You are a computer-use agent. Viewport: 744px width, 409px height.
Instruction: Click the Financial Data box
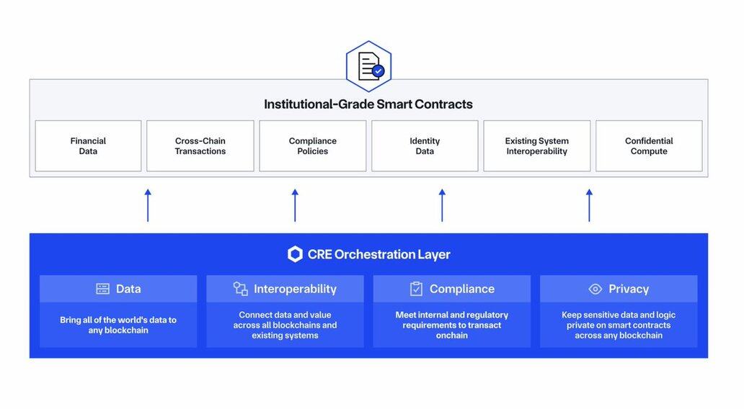pyautogui.click(x=88, y=146)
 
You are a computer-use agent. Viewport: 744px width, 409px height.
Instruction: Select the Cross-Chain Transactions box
pyautogui.click(x=200, y=146)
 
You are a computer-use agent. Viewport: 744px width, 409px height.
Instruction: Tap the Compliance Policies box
pyautogui.click(x=312, y=146)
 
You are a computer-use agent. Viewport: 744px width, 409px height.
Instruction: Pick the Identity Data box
pyautogui.click(x=425, y=146)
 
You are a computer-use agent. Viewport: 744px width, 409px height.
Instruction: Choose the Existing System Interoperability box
pyautogui.click(x=536, y=146)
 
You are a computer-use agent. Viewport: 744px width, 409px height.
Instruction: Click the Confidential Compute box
pyautogui.click(x=649, y=146)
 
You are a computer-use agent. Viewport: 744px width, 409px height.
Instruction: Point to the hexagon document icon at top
pyautogui.click(x=368, y=66)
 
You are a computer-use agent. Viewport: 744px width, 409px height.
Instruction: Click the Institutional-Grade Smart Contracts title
pyautogui.click(x=368, y=104)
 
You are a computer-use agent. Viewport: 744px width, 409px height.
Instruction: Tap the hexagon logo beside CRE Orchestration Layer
pyautogui.click(x=295, y=254)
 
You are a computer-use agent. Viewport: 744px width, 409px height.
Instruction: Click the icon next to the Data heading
pyautogui.click(x=103, y=289)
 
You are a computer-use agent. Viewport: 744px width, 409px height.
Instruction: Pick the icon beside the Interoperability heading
pyautogui.click(x=241, y=289)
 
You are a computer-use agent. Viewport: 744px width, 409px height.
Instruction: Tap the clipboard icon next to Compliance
pyautogui.click(x=416, y=289)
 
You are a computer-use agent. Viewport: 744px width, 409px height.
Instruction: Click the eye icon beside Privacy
pyautogui.click(x=595, y=289)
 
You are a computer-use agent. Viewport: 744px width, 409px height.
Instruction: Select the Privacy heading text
pyautogui.click(x=629, y=289)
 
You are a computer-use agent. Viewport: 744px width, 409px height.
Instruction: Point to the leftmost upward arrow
pyautogui.click(x=148, y=205)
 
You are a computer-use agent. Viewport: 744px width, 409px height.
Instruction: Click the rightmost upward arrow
pyautogui.click(x=589, y=205)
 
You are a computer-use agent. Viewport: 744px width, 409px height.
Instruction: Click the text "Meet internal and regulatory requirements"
pyautogui.click(x=452, y=320)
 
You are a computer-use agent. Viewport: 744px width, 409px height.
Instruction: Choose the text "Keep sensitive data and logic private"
pyautogui.click(x=619, y=320)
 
